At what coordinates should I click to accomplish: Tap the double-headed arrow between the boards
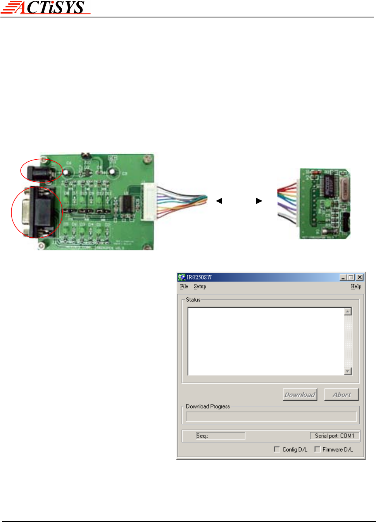click(239, 201)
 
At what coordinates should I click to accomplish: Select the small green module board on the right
click(325, 203)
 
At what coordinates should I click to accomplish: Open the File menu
click(184, 286)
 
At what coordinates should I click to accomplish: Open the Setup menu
click(200, 286)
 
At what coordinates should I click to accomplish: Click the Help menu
click(356, 286)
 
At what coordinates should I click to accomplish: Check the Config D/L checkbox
click(277, 449)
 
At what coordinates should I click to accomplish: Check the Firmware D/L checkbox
click(317, 449)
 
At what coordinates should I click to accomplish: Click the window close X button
click(360, 277)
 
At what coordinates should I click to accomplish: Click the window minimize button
click(343, 277)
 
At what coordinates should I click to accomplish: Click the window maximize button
click(351, 277)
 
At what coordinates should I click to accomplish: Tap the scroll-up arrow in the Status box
click(348, 312)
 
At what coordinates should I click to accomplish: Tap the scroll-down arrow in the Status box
click(348, 371)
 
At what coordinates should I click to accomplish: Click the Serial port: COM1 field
click(335, 436)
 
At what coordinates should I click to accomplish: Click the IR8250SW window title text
click(199, 277)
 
